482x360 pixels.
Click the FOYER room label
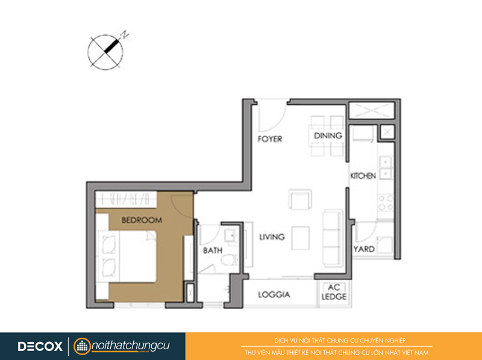point(270,139)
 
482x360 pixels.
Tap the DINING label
point(328,135)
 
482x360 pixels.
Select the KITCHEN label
point(363,176)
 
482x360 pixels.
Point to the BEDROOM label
point(142,220)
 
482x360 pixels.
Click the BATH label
point(213,250)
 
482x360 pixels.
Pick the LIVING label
point(272,237)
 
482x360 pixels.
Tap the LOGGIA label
point(274,295)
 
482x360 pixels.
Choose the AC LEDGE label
point(334,292)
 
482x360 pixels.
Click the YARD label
point(364,249)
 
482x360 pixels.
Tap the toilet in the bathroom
point(230,260)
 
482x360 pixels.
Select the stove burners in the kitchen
point(386,202)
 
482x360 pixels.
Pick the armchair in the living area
point(300,199)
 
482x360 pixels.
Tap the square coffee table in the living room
point(301,238)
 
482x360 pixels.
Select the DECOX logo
point(40,346)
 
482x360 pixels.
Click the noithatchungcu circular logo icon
point(82,347)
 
